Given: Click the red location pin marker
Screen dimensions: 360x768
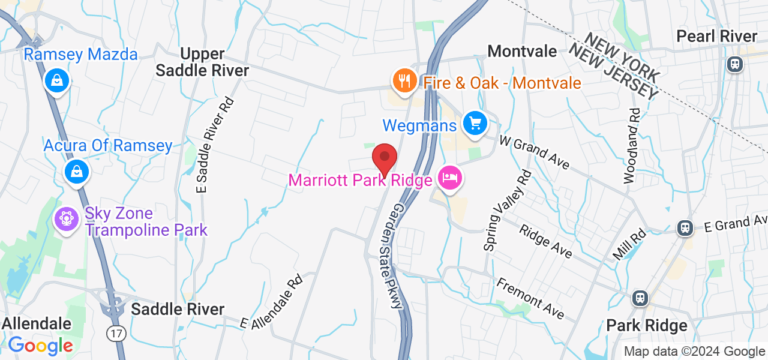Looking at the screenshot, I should click(x=385, y=160).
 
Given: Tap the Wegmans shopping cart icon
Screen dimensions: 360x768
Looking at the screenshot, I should click(x=475, y=124).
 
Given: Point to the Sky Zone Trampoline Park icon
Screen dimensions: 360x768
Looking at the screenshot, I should click(x=67, y=219).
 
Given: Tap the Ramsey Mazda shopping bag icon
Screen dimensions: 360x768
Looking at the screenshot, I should click(x=56, y=80).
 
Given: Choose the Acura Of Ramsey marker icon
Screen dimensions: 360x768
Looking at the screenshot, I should click(x=77, y=171).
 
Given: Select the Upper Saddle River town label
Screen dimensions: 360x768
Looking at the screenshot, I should click(x=202, y=62).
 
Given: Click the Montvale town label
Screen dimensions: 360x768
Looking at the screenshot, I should click(x=523, y=52).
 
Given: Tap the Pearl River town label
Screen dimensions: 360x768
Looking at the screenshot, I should click(x=717, y=37).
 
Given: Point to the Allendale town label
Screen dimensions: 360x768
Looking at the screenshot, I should click(x=37, y=324).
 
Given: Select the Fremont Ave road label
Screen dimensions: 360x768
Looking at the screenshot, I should click(x=531, y=298).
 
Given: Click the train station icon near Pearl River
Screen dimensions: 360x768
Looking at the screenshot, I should click(x=734, y=64).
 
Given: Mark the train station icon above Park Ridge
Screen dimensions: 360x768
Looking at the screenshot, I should click(x=640, y=298).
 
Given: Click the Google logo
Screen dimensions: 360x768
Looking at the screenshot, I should click(x=40, y=346).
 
